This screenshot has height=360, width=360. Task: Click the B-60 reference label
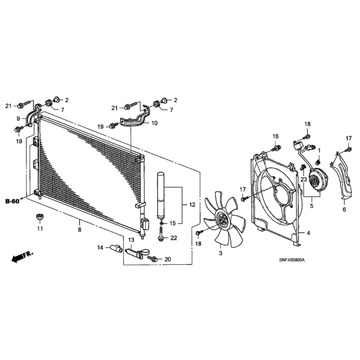coord(12,201)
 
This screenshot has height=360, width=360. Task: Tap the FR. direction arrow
coord(22,256)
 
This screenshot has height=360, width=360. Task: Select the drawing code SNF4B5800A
coord(291,260)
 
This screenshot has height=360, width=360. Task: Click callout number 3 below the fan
coord(220,253)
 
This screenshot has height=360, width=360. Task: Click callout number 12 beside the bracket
coord(192,205)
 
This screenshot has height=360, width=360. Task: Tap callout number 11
coord(40,229)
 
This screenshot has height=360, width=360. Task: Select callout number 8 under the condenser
coord(79,229)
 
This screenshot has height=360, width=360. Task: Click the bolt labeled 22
coord(161,235)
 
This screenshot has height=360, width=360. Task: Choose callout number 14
coord(100,247)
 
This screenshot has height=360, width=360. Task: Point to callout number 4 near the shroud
coord(308,233)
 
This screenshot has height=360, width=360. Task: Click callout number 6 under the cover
coord(344,209)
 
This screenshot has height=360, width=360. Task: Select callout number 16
coord(275,136)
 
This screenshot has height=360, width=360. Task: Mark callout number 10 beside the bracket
coord(155,123)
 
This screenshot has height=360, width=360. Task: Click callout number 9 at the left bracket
coord(18,119)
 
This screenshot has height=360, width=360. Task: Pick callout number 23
coord(304,179)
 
